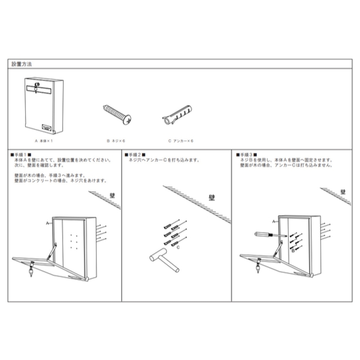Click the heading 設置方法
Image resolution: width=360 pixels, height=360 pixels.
pyautogui.click(x=21, y=64)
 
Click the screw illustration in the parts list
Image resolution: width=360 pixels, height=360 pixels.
pyautogui.click(x=117, y=114)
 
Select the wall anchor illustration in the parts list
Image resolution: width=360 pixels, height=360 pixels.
pyautogui.click(x=177, y=115)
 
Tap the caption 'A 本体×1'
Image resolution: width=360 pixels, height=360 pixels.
pyautogui.click(x=44, y=141)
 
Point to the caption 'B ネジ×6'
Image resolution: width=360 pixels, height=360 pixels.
pyautogui.click(x=116, y=141)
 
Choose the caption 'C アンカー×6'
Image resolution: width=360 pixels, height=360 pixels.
pyautogui.click(x=180, y=141)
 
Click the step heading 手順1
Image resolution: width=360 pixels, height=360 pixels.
pyautogui.click(x=21, y=155)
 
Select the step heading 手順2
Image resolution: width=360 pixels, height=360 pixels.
pyautogui.click(x=135, y=155)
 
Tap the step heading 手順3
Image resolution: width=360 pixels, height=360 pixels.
pyautogui.click(x=247, y=155)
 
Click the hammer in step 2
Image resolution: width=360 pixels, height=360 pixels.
pyautogui.click(x=164, y=260)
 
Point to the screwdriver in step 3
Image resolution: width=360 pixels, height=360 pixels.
pyautogui.click(x=270, y=234)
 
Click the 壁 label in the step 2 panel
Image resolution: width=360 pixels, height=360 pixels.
pyautogui.click(x=212, y=198)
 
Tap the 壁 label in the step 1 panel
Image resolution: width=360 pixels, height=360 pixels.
pyautogui.click(x=112, y=196)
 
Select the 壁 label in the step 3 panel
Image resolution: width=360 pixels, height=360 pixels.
pyautogui.click(x=343, y=192)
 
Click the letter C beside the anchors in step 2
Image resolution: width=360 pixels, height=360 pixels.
pyautogui.click(x=178, y=247)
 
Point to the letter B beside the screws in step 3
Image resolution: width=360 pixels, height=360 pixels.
pyautogui.click(x=293, y=251)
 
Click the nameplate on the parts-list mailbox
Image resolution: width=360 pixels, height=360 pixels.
pyautogui.click(x=47, y=127)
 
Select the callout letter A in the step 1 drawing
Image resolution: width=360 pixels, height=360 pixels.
pyautogui.click(x=48, y=223)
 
